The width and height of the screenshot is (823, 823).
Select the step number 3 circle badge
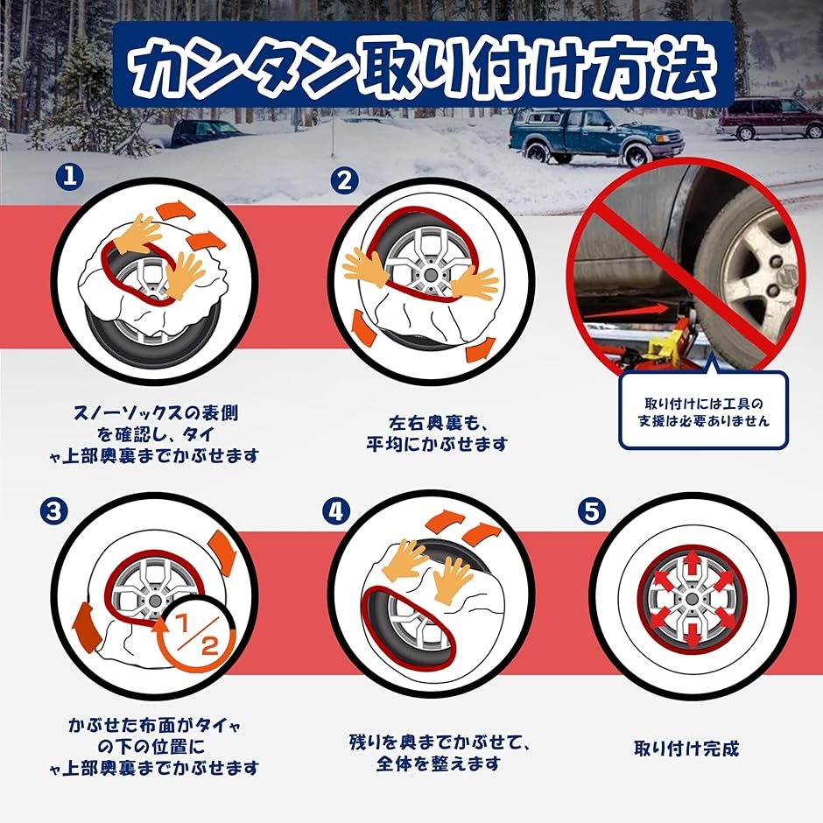coord(55,510)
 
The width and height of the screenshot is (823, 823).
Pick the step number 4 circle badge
coord(335,510)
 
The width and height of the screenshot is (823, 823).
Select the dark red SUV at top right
coord(769,117)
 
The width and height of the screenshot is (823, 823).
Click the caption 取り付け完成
coord(686,749)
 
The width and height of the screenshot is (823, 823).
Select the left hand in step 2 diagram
coord(368,267)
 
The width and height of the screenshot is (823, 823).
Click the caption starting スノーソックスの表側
coord(167,433)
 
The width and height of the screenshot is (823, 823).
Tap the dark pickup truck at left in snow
coord(199,132)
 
